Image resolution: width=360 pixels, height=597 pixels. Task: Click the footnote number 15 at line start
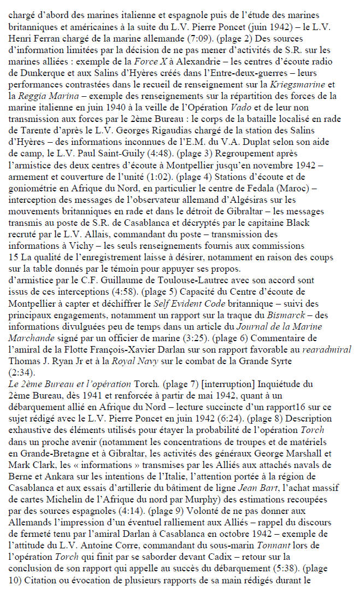click(13, 259)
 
